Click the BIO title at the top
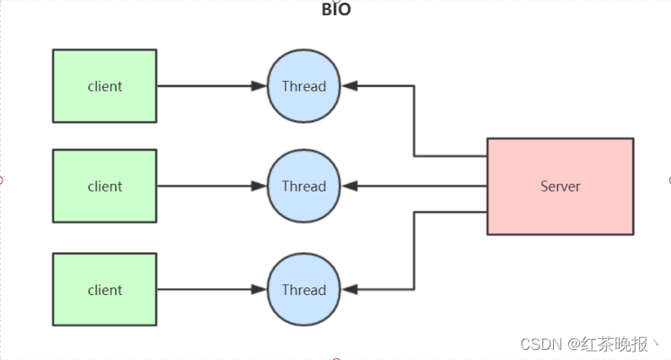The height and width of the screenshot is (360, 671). click(x=335, y=10)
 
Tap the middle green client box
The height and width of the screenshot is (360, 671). click(x=105, y=185)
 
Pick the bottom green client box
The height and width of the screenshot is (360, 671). click(x=105, y=289)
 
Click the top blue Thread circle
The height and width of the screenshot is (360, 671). click(x=303, y=86)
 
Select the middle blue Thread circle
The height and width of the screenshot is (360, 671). click(x=303, y=186)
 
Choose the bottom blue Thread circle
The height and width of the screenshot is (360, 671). click(x=303, y=289)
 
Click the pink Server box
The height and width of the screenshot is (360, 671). click(x=560, y=186)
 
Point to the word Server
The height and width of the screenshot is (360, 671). click(x=560, y=186)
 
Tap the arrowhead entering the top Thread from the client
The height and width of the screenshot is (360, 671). click(x=260, y=86)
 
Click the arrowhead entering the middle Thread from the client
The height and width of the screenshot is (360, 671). click(x=260, y=186)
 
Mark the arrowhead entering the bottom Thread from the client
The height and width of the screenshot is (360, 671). click(x=260, y=289)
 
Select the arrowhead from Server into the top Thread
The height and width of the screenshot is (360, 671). click(x=349, y=86)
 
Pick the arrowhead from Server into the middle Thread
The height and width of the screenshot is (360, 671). click(x=349, y=186)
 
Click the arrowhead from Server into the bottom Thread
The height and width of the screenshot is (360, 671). click(x=349, y=289)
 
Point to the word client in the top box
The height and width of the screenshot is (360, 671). click(x=105, y=86)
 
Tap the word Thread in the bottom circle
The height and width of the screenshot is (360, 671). click(x=303, y=289)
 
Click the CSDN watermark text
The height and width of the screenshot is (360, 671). click(x=541, y=344)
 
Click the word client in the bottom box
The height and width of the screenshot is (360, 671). click(x=105, y=289)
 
